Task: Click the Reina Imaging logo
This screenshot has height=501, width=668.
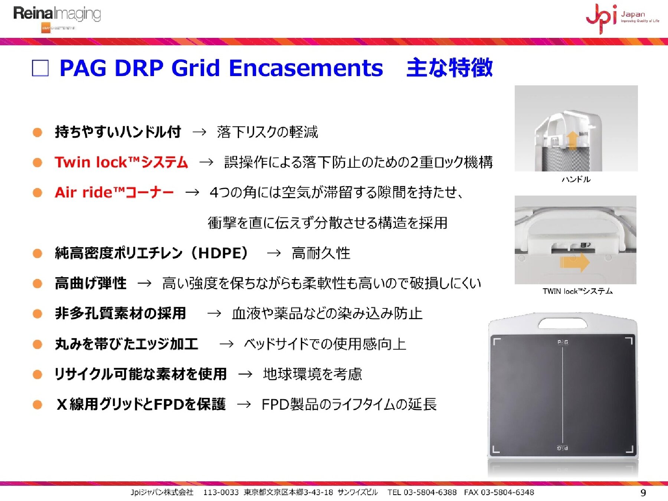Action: coord(57,19)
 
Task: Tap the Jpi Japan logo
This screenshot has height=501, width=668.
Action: coord(622,18)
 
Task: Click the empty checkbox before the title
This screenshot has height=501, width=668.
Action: coord(40,68)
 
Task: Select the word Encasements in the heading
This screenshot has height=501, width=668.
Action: coord(306,68)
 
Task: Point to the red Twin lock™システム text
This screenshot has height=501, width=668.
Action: coord(121,162)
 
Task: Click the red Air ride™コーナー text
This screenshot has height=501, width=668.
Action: coord(114,192)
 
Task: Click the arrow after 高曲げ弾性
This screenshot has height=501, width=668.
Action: coord(144,284)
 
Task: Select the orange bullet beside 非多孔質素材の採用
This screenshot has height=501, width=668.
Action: coord(37,314)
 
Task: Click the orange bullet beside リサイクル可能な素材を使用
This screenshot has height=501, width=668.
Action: coord(37,374)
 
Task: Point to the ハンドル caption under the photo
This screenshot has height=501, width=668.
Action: coord(576,180)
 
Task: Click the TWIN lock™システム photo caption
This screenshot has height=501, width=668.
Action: coord(577,291)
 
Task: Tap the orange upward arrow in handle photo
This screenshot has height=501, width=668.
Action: coord(573,140)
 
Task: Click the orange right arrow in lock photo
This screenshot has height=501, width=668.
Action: coord(574,262)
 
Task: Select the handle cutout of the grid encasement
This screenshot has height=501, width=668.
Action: coord(563,323)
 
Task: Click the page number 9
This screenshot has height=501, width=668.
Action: coord(643,493)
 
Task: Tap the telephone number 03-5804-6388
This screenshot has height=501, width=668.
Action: coord(430,492)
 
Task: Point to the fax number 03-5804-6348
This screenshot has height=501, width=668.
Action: coord(507,492)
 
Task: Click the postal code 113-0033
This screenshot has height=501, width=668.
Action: coord(221,492)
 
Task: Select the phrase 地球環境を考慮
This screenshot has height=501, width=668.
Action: coord(312,374)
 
